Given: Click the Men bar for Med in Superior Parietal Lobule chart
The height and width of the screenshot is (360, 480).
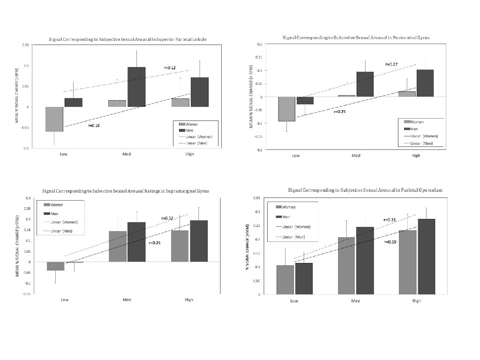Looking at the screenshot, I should tap(136, 87).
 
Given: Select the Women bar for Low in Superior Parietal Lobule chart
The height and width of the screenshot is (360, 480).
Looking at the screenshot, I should tap(54, 119).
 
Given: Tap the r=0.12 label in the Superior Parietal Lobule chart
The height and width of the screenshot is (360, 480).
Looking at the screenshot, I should tap(170, 68).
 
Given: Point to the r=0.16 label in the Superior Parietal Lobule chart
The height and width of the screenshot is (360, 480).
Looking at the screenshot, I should tap(94, 126).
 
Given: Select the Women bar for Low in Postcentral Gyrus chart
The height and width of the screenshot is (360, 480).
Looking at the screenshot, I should tap(287, 109).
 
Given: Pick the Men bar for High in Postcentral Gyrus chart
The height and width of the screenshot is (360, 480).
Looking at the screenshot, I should tap(425, 83).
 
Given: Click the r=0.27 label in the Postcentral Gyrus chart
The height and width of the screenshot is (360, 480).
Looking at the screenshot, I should tap(391, 64).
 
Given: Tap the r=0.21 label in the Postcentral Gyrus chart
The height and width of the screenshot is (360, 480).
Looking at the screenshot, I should tap(340, 112).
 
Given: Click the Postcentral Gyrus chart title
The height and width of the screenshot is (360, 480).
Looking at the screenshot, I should tap(356, 37).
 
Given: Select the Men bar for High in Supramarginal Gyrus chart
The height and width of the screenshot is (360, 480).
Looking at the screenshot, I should tap(198, 241).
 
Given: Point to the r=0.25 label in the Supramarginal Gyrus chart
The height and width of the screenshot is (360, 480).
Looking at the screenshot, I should tap(155, 243).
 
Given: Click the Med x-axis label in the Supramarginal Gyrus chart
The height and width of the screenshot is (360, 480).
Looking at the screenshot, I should tap(127, 300).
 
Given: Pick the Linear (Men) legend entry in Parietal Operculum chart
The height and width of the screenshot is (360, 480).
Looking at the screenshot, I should tap(293, 237).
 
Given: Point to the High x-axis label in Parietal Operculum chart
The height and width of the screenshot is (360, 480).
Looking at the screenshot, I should tap(416, 301).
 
